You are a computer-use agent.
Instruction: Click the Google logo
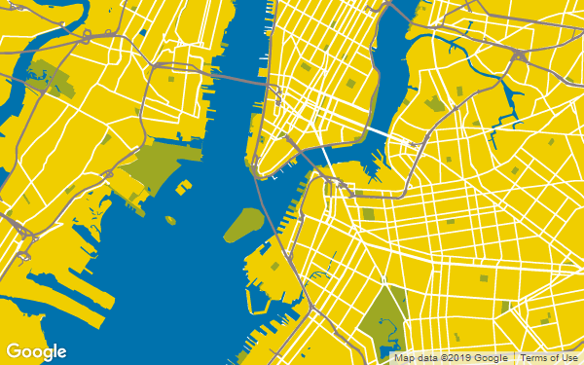click(37, 351)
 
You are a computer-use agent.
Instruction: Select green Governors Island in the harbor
click(243, 225)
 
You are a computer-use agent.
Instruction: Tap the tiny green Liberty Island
click(171, 221)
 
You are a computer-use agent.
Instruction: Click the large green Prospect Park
click(384, 316)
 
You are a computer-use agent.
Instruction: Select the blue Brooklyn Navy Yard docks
click(374, 170)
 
